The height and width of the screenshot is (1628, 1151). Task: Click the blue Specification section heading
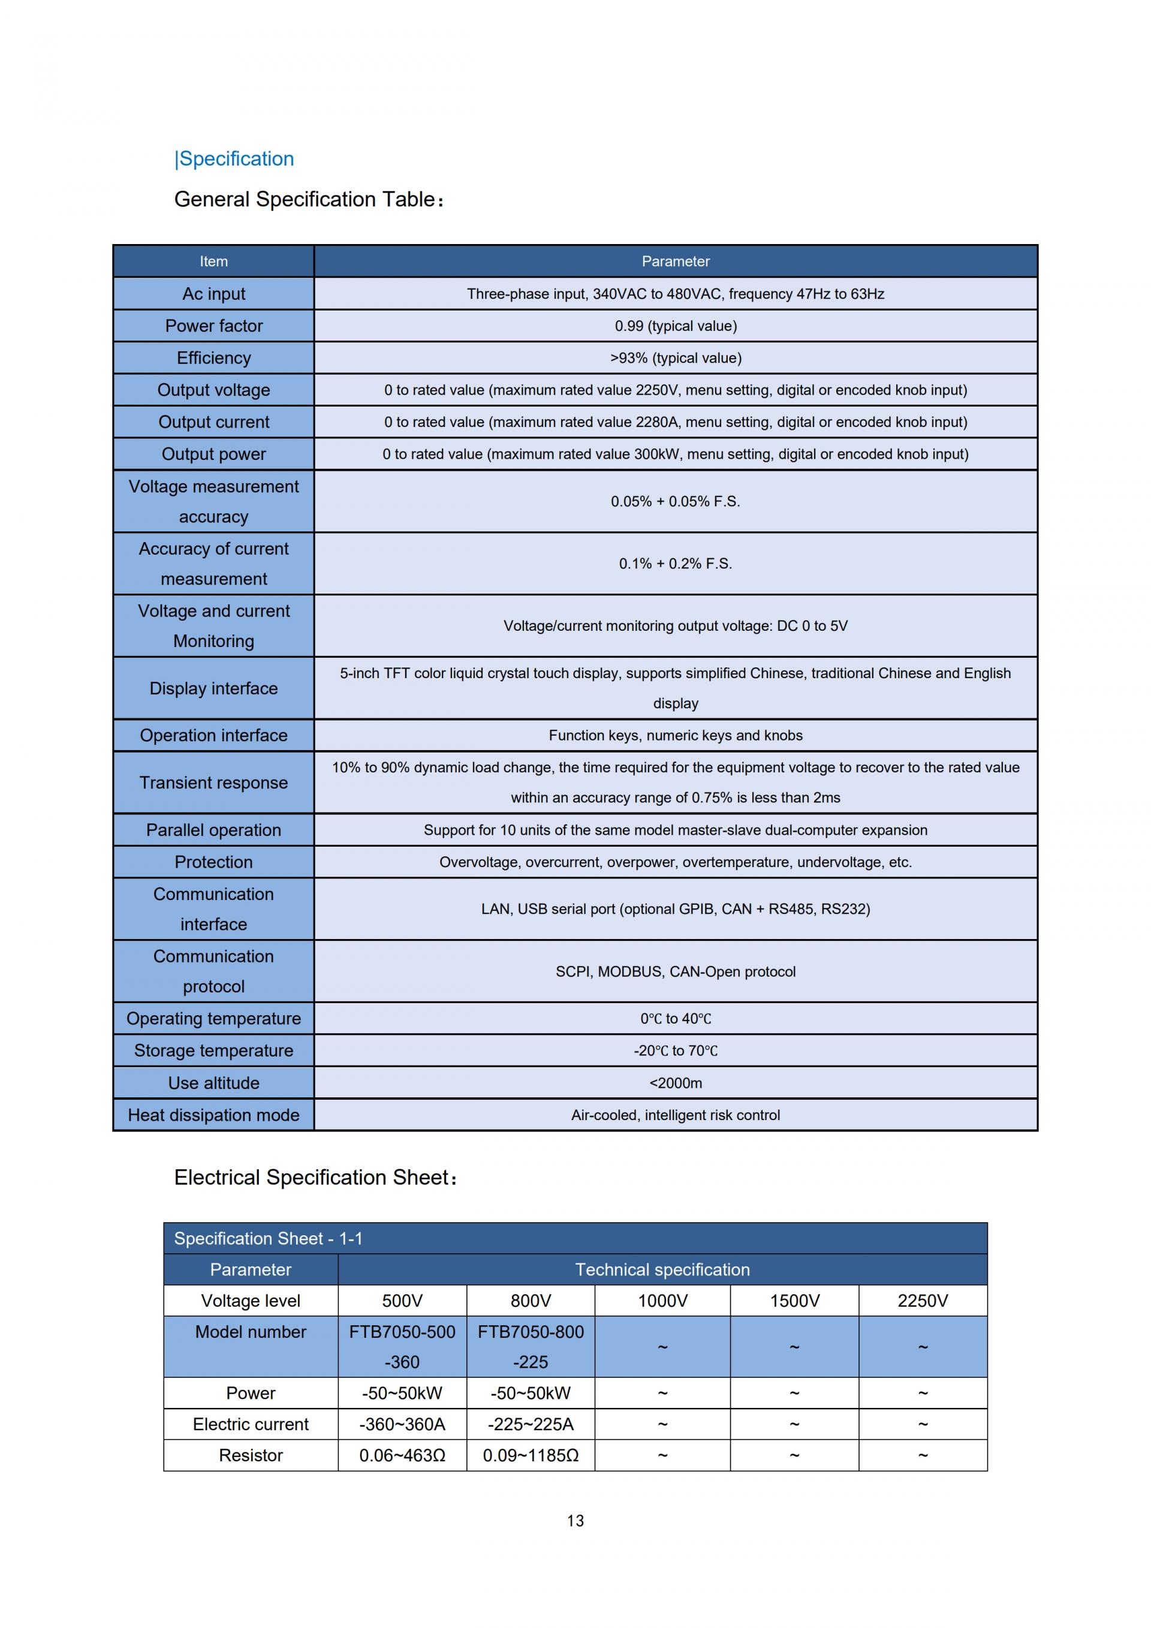coord(234,159)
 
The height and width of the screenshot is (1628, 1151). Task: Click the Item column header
coord(213,261)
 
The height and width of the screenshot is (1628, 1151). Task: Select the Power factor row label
coord(213,326)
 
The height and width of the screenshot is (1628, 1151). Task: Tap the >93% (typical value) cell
coord(676,358)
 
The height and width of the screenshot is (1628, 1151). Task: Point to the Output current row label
coord(213,422)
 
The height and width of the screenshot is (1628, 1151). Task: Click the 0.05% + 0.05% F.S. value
coord(676,501)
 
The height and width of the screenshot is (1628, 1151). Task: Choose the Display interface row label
coord(213,688)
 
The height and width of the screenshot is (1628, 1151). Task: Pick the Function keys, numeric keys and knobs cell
coord(676,735)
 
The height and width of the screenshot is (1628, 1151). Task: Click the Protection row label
coord(213,862)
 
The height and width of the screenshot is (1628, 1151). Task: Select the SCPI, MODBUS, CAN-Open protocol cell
coord(676,971)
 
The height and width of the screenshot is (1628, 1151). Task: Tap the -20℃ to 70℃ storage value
coord(676,1051)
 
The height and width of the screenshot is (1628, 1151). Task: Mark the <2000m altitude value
coord(676,1083)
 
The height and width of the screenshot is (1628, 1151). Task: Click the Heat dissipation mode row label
coord(213,1115)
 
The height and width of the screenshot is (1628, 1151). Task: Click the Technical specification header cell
coord(662,1270)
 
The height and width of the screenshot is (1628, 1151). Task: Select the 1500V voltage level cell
coord(794,1301)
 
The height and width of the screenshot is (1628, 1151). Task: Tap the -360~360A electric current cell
coord(402,1425)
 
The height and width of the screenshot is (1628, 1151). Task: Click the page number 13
coord(575,1521)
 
